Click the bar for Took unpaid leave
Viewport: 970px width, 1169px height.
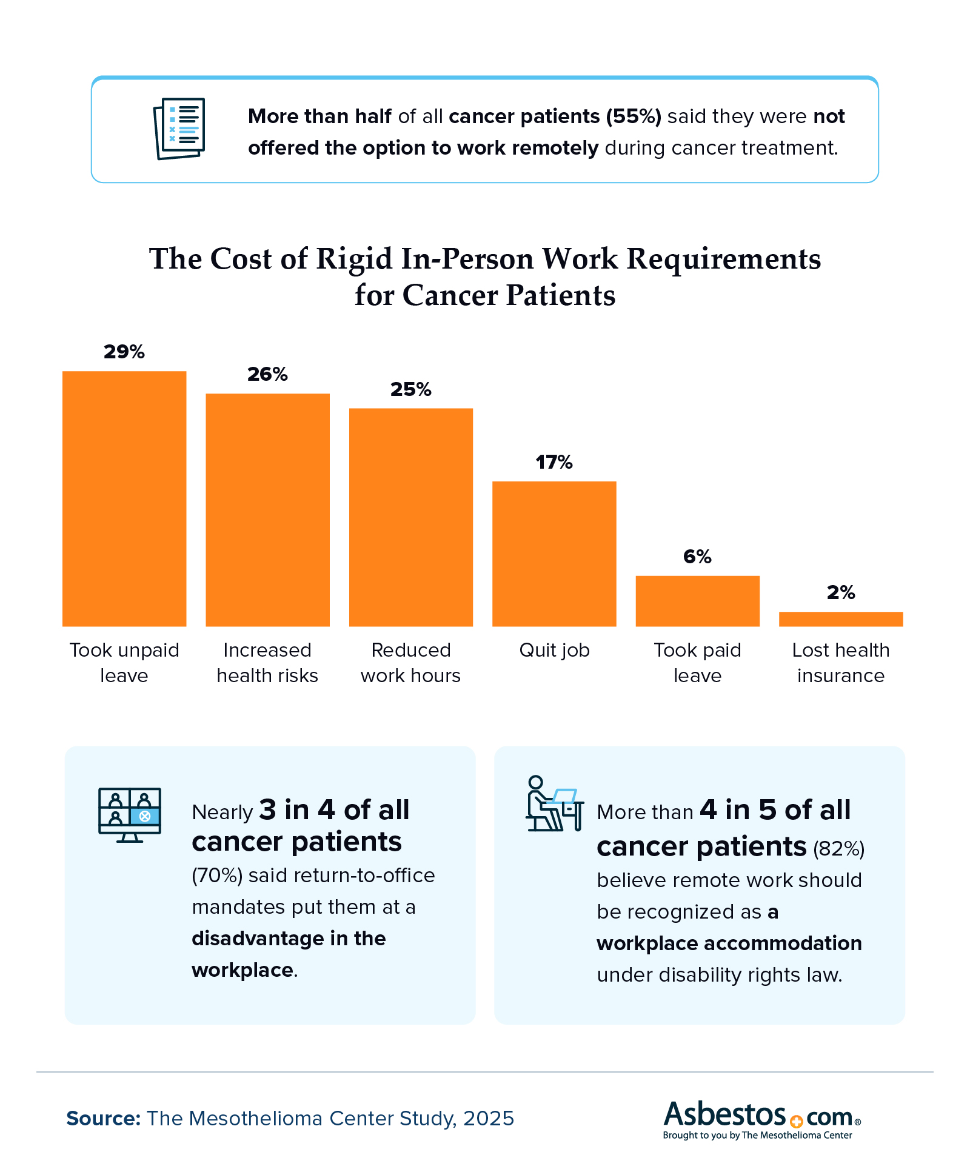pyautogui.click(x=124, y=498)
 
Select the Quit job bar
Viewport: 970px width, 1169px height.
pyautogui.click(x=554, y=553)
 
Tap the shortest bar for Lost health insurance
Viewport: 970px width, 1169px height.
pyautogui.click(x=841, y=619)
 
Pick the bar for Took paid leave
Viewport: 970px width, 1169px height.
pyautogui.click(x=697, y=601)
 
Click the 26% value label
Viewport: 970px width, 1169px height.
pyautogui.click(x=267, y=374)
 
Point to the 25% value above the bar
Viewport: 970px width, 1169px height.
pyautogui.click(x=410, y=389)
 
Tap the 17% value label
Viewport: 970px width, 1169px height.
pyautogui.click(x=554, y=463)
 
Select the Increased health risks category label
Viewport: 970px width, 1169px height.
pyautogui.click(x=267, y=663)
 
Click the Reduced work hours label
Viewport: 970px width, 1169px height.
pyautogui.click(x=410, y=663)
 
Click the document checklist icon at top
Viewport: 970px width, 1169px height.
pyautogui.click(x=179, y=129)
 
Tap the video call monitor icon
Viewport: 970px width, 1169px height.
pyautogui.click(x=130, y=814)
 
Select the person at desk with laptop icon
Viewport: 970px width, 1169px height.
pyautogui.click(x=554, y=803)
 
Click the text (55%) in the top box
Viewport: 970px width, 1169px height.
pyautogui.click(x=634, y=116)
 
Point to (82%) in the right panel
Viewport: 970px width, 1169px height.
pyautogui.click(x=838, y=849)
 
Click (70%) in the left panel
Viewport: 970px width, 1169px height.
pyautogui.click(x=217, y=876)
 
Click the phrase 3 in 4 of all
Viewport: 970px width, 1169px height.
pyautogui.click(x=334, y=810)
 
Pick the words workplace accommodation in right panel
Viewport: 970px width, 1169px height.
pyautogui.click(x=729, y=943)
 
